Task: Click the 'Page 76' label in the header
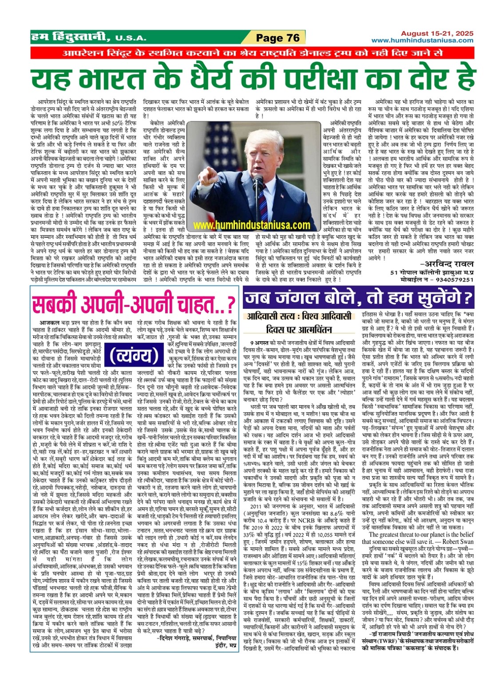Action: [x=278, y=38]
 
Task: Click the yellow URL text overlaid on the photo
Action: [x=252, y=225]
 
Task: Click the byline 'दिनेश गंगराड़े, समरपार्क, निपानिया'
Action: [x=198, y=638]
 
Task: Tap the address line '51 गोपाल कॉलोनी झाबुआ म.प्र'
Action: [x=432, y=272]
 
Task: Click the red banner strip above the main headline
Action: [x=252, y=52]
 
